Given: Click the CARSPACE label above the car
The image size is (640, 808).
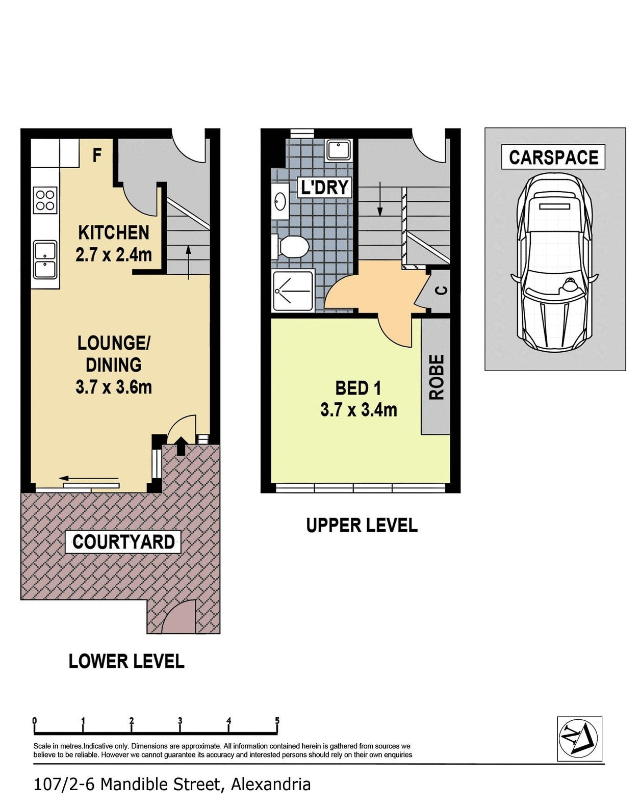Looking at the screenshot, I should tap(553, 158).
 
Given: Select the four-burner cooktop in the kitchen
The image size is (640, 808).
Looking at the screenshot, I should tap(45, 200).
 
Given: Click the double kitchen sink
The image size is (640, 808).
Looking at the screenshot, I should tap(45, 259).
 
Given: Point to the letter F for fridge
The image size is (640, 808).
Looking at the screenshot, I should tap(97, 154).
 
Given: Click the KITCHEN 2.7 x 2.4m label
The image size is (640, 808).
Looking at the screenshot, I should tap(114, 243).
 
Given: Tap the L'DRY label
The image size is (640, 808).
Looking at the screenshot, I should tap(325, 187).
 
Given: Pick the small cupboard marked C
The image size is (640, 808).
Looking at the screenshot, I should tap(442, 291).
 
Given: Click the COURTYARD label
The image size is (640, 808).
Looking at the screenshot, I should tap(123, 541).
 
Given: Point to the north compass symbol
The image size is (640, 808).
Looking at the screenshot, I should tap(579, 738).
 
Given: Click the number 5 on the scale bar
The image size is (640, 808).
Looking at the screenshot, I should tap(277, 720).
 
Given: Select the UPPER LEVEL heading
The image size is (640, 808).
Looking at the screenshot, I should tap(362, 525).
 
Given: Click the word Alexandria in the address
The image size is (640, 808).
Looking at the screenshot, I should tap(271, 784).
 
